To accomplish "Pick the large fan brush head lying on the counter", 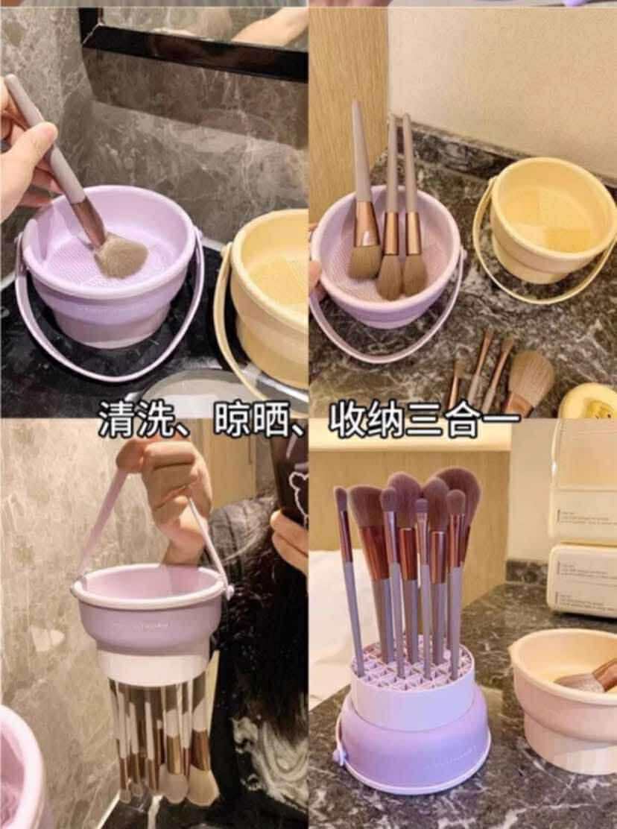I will [531, 380].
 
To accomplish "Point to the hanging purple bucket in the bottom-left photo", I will [149, 611].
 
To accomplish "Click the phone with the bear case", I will [291, 477].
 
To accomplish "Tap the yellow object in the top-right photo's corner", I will [589, 403].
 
